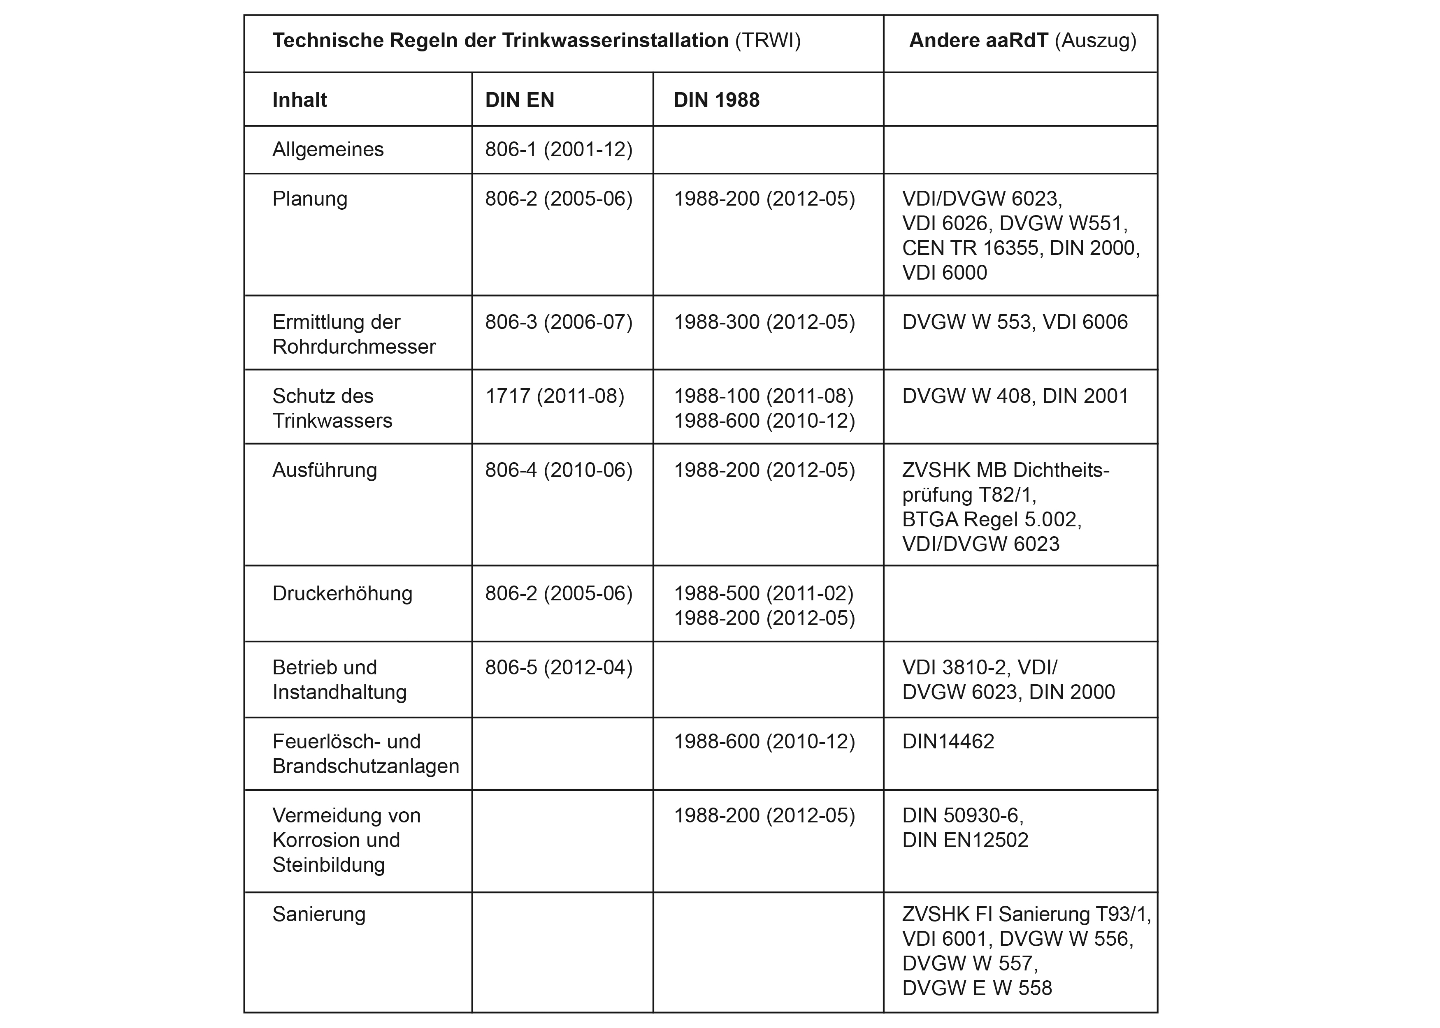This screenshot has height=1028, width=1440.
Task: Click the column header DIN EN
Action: (519, 100)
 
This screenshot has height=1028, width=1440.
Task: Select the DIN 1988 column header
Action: (716, 100)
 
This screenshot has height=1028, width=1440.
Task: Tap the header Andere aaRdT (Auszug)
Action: (1022, 41)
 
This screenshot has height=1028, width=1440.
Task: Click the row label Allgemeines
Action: (328, 149)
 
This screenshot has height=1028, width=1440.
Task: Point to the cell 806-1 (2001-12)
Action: (559, 149)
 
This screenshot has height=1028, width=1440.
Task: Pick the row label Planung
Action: (310, 199)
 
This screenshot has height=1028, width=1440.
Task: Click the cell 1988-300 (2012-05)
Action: (764, 322)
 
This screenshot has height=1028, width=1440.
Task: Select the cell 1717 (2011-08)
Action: (554, 396)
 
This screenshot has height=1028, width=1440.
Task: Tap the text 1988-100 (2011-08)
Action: (763, 396)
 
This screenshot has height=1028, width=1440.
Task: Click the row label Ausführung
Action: (324, 470)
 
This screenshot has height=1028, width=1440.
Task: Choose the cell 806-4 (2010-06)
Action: (559, 470)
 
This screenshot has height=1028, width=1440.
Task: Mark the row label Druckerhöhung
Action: (342, 594)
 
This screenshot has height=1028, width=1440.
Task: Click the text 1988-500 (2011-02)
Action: (763, 594)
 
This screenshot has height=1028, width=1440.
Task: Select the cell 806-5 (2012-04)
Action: (559, 668)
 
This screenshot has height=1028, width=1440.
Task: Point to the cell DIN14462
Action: (948, 742)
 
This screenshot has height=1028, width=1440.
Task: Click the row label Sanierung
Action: (318, 915)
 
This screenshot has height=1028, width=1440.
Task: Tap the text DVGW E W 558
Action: (976, 988)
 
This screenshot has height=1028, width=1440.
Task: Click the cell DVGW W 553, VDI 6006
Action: (1015, 322)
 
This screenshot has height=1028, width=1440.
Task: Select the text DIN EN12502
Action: (965, 840)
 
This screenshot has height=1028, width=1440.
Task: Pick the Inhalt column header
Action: (300, 100)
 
